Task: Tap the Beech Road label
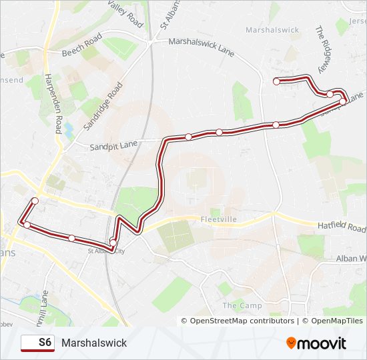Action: [x=81, y=45]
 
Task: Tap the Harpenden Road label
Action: [x=53, y=99]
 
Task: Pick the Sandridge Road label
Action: [x=104, y=106]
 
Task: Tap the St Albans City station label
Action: [x=107, y=251]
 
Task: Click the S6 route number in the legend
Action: [x=45, y=343]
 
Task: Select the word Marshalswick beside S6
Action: [x=93, y=343]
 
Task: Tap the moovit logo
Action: [x=316, y=343]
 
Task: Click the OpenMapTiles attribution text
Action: [x=333, y=321]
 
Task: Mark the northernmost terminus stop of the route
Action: [x=276, y=81]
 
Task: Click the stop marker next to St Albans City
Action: [x=113, y=242]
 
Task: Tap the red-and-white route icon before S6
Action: [x=28, y=343]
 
